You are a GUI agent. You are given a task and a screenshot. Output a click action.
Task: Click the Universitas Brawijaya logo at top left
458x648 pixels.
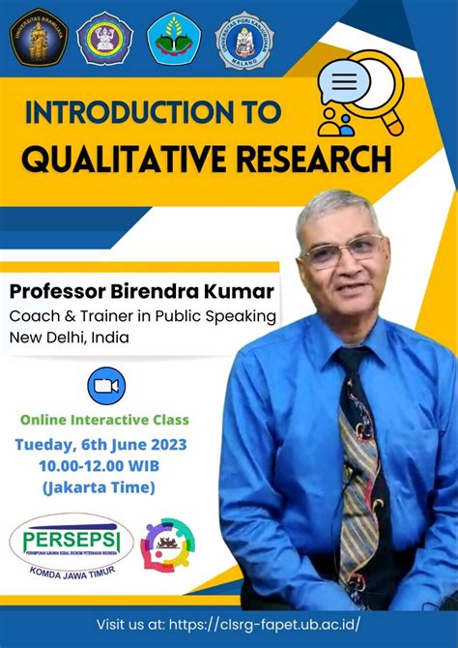[37, 36]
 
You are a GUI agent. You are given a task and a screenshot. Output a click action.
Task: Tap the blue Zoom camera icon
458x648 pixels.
[106, 386]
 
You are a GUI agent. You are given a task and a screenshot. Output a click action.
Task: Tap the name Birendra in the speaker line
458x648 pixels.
[157, 292]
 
